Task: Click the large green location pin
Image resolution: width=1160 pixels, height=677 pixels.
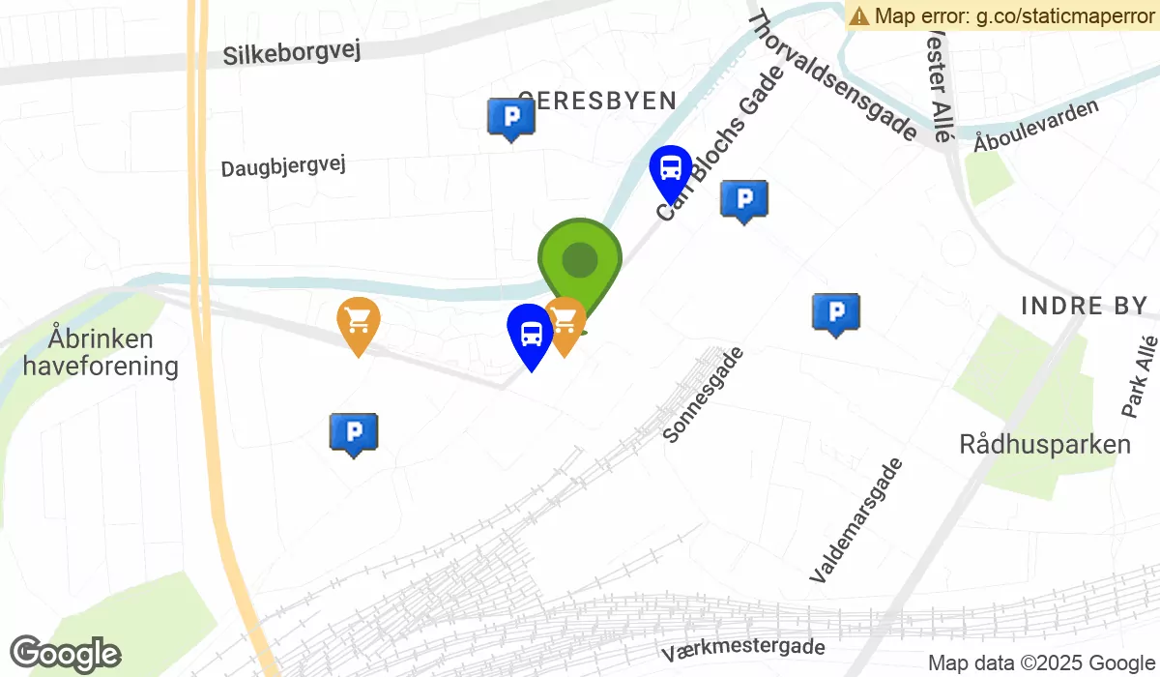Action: pyautogui.click(x=579, y=259)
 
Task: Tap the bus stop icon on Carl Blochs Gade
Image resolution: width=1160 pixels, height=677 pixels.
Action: pyautogui.click(x=670, y=170)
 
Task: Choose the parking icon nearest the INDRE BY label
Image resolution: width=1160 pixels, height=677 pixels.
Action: pyautogui.click(x=836, y=311)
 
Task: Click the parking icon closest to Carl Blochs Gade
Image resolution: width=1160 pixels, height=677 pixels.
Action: pyautogui.click(x=744, y=199)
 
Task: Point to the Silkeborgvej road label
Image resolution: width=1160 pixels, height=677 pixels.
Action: pyautogui.click(x=291, y=51)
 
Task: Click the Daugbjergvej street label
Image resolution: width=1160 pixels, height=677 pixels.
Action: pyautogui.click(x=282, y=166)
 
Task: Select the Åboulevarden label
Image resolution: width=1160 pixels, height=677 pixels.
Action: pyautogui.click(x=1036, y=126)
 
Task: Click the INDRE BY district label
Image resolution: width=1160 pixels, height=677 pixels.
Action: pyautogui.click(x=1084, y=307)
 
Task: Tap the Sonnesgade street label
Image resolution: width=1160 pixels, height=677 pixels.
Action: pyautogui.click(x=704, y=395)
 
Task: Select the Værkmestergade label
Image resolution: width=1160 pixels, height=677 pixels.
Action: pyautogui.click(x=743, y=649)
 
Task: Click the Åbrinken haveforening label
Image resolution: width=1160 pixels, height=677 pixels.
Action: pyautogui.click(x=101, y=353)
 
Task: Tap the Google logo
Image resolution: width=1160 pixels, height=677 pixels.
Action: pyautogui.click(x=65, y=655)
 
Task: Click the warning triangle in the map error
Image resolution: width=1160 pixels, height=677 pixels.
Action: pyautogui.click(x=858, y=15)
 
